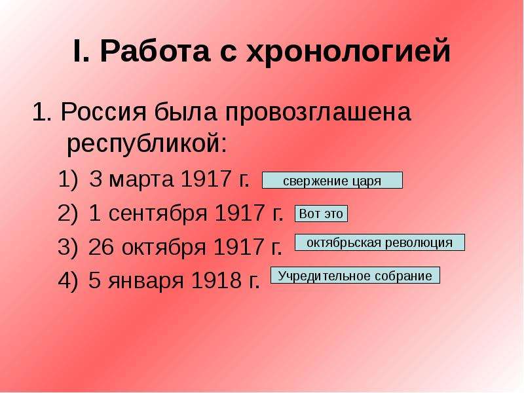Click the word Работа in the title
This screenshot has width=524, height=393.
pyautogui.click(x=155, y=52)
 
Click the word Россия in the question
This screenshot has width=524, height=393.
pyautogui.click(x=103, y=111)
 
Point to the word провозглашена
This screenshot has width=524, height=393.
pyautogui.click(x=318, y=112)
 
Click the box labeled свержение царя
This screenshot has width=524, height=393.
pyautogui.click(x=332, y=181)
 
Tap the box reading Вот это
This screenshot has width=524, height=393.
pyautogui.click(x=321, y=214)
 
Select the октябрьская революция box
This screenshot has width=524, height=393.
pyautogui.click(x=380, y=242)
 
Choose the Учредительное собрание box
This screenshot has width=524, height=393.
pyautogui.click(x=355, y=275)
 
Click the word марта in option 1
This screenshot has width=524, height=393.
pyautogui.click(x=141, y=179)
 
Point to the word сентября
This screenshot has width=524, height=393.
pyautogui.click(x=158, y=214)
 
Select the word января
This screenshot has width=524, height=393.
pyautogui.click(x=145, y=281)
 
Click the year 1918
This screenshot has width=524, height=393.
pyautogui.click(x=216, y=280)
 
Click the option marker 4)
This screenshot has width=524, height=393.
pyautogui.click(x=68, y=280)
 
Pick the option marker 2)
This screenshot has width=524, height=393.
pyautogui.click(x=68, y=214)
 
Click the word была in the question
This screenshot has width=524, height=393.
pyautogui.click(x=185, y=111)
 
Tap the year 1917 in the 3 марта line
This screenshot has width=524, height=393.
pyautogui.click(x=206, y=179)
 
